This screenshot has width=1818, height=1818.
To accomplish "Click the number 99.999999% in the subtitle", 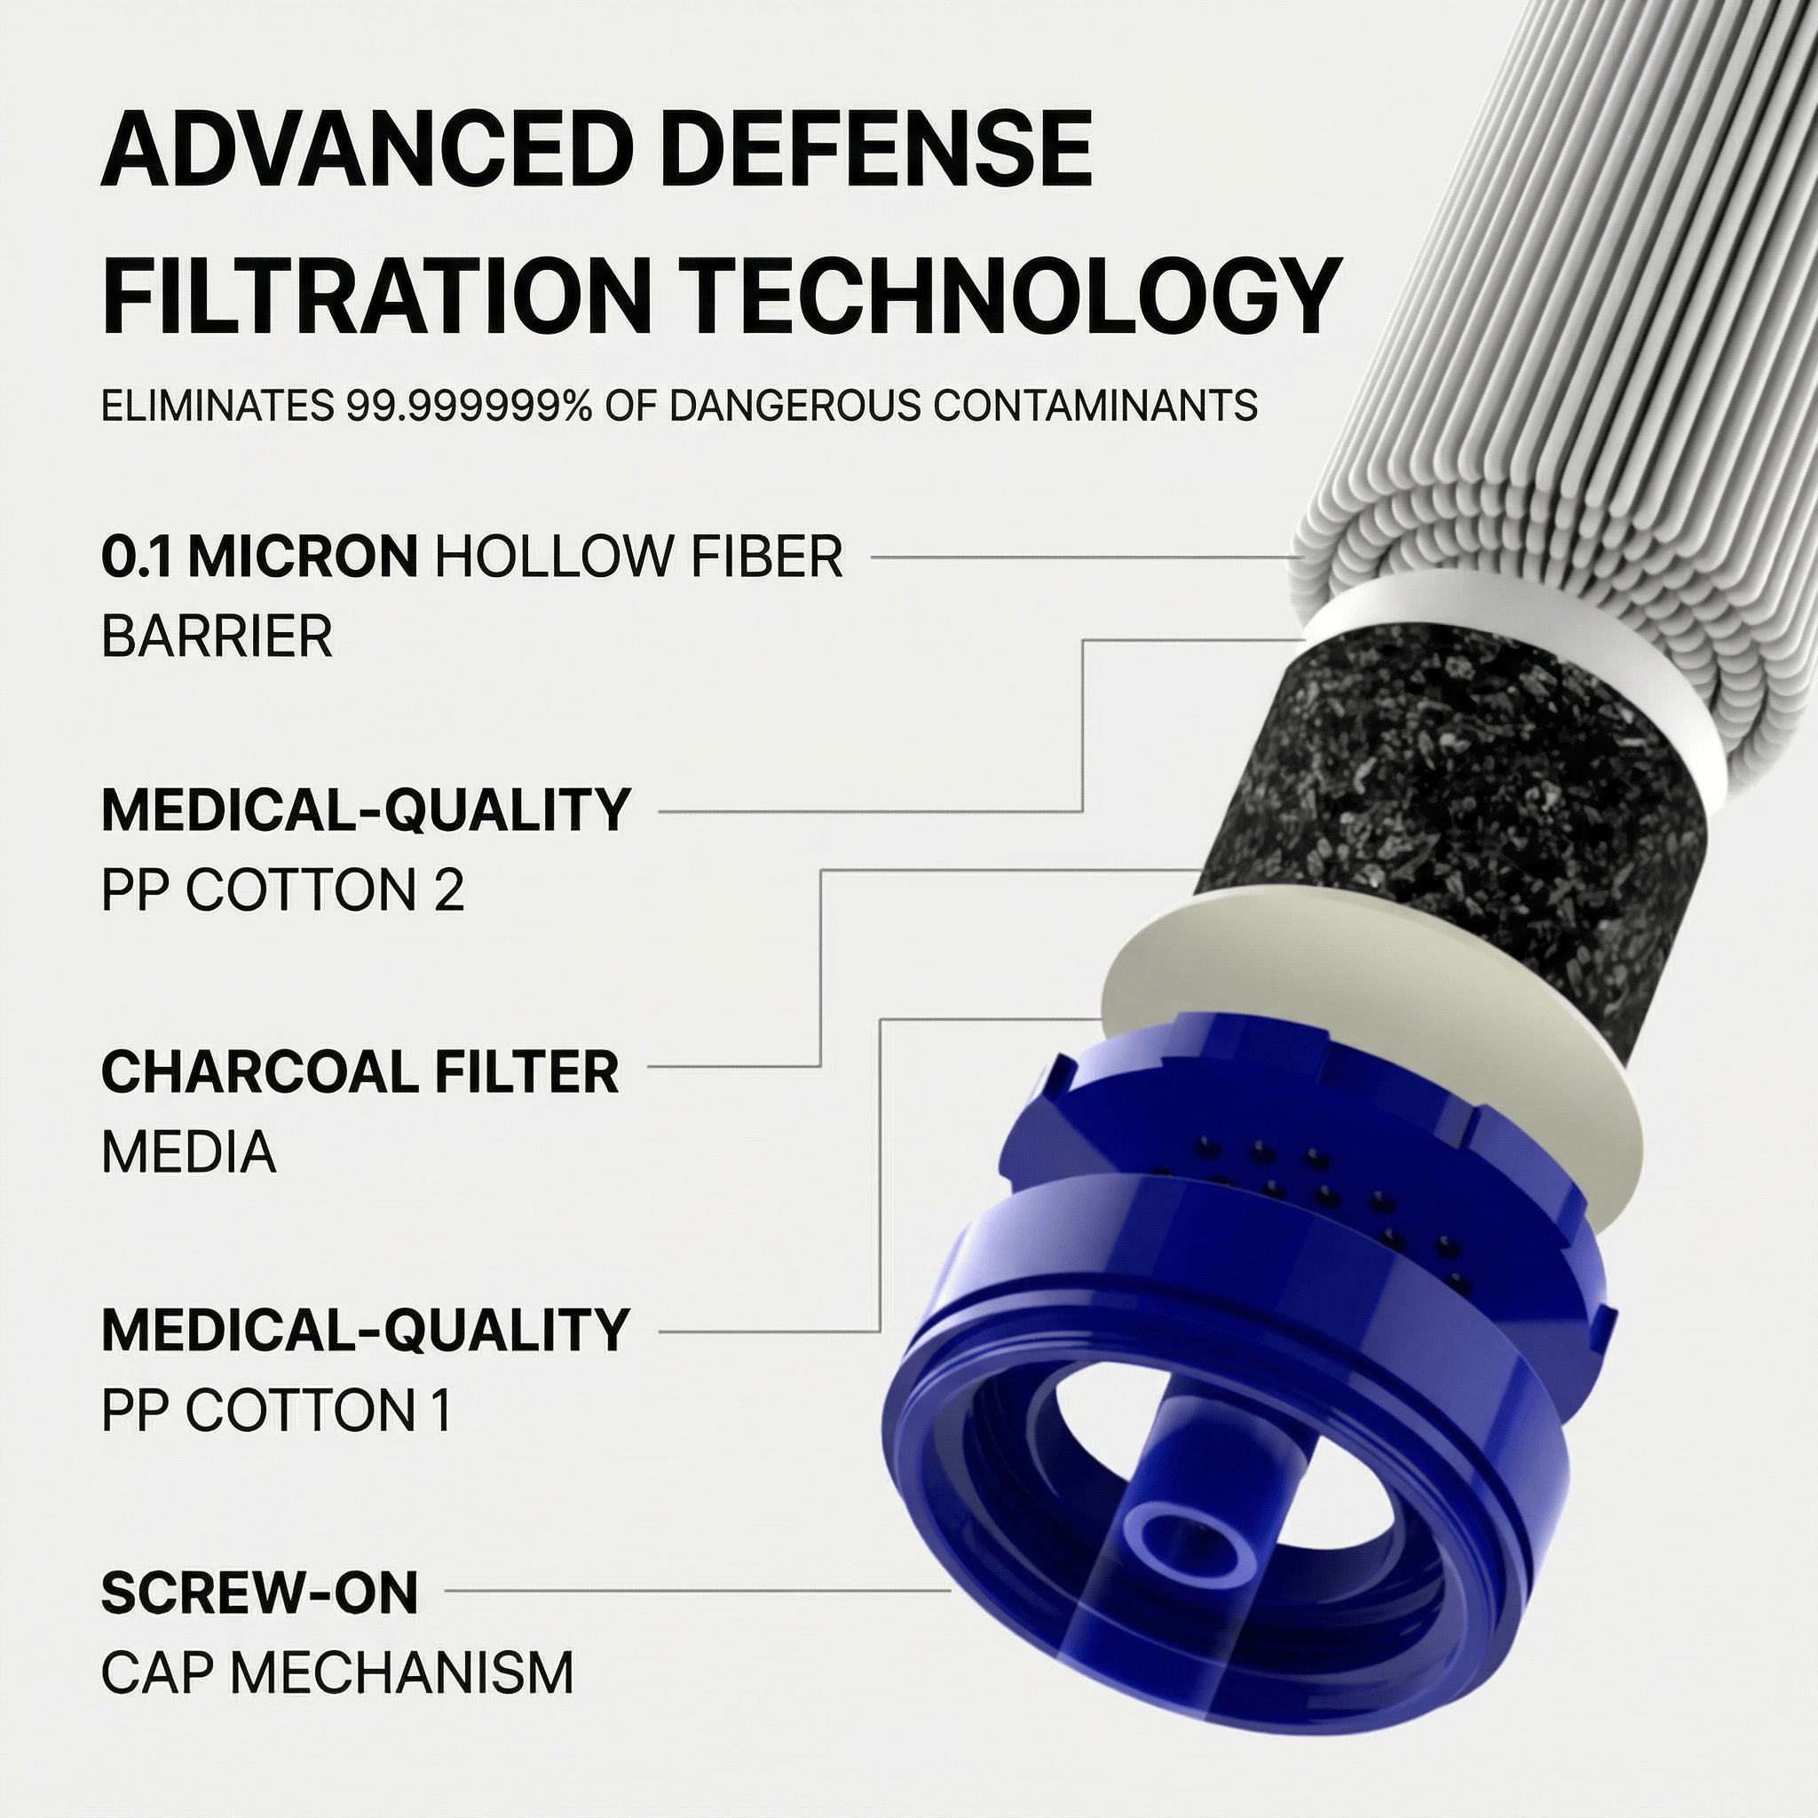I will [x=469, y=406].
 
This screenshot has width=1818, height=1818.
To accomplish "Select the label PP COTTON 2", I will [x=282, y=890].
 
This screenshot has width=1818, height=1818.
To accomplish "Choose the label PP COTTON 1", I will [x=276, y=1410].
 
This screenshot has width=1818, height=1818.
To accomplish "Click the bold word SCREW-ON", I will [x=259, y=1593].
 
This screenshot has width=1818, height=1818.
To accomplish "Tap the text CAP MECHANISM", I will [x=336, y=1672].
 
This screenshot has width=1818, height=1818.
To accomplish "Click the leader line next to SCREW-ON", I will [x=696, y=1592].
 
